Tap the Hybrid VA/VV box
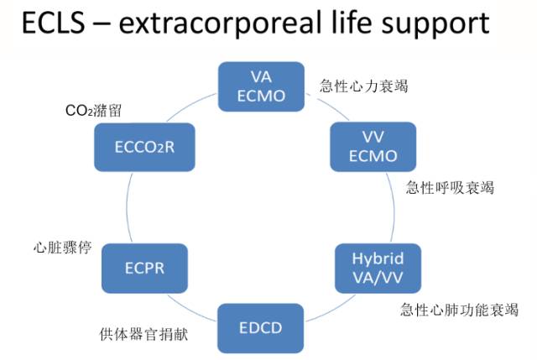coord(376,267)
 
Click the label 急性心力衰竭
coord(364,86)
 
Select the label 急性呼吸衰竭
coord(450,187)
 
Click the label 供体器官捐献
coord(143,333)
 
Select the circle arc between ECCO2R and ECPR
coord(128,207)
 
